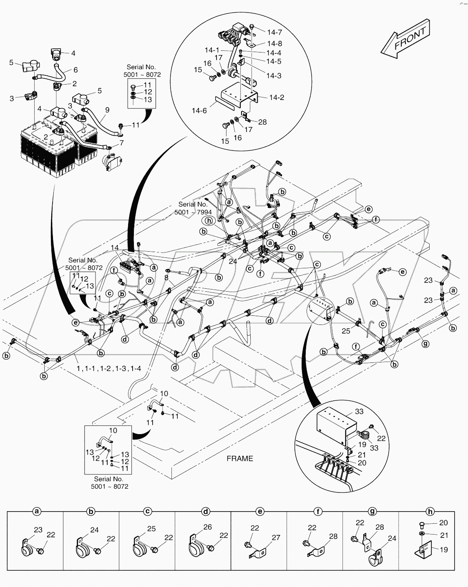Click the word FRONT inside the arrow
[x=410, y=38]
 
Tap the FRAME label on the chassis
[x=239, y=458]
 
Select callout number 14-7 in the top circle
[x=274, y=32]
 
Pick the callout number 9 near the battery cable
[x=107, y=110]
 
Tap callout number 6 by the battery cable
[x=75, y=70]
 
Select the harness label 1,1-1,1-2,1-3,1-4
[x=109, y=368]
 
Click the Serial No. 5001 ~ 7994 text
[x=193, y=208]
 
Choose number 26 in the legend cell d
[x=207, y=527]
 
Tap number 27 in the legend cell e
[x=276, y=537]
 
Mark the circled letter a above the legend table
[x=36, y=511]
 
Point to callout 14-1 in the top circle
[x=212, y=50]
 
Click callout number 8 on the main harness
[x=166, y=277]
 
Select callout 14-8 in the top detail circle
[x=274, y=43]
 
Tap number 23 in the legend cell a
[x=38, y=530]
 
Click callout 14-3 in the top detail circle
[x=274, y=76]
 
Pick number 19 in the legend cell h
[x=444, y=550]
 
